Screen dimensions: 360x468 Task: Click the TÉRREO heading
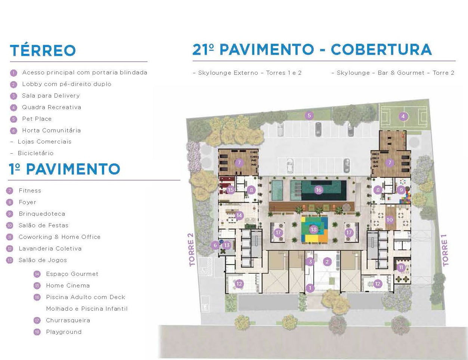point(43,50)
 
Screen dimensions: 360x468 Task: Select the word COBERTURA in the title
point(381,49)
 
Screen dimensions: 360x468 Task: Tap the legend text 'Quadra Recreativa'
point(52,107)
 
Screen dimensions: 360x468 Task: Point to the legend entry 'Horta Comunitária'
point(51,130)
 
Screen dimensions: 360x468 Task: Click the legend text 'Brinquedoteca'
point(42,214)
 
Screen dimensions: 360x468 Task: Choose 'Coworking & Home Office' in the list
point(59,237)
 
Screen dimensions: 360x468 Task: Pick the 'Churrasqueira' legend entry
point(68,320)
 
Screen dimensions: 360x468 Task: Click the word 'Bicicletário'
point(35,153)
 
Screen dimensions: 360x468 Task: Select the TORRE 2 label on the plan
point(192,250)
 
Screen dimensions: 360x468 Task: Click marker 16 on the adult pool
point(318,190)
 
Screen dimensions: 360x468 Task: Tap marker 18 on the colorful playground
point(313,230)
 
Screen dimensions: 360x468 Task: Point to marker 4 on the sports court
point(403,116)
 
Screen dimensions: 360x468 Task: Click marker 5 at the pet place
point(309,116)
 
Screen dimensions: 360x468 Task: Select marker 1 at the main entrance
point(310,288)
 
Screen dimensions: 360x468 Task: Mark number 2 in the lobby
point(327,262)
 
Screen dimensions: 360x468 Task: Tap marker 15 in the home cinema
point(230,190)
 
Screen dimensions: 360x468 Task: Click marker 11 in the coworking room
point(401,267)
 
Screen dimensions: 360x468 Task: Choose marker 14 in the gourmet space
point(239,215)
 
